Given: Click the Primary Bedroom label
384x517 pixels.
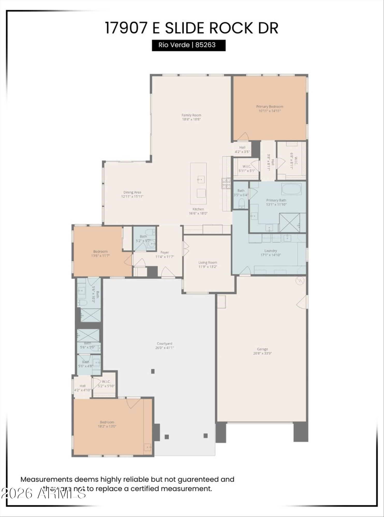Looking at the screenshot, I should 270,107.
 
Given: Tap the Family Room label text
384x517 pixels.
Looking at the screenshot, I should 191,115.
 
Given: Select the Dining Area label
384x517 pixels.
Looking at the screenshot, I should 132,192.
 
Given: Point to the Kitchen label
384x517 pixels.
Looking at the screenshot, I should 198,209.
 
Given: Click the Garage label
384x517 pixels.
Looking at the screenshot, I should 262,349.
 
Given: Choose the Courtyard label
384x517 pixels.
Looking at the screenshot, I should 165,344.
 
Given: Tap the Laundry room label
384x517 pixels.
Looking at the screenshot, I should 271,250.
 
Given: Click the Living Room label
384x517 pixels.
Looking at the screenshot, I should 208,262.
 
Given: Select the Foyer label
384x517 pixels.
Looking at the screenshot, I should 165,252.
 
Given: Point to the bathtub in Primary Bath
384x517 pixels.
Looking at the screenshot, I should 291,189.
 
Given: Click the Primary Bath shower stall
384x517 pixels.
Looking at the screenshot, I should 289,223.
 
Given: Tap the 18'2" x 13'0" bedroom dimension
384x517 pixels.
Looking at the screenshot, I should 107,426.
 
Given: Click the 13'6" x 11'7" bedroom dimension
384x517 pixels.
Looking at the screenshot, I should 100,256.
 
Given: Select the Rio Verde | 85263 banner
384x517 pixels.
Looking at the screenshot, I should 189,45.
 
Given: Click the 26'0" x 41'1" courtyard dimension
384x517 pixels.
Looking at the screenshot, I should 165,348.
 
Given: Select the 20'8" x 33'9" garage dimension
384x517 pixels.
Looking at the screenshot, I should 262,353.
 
